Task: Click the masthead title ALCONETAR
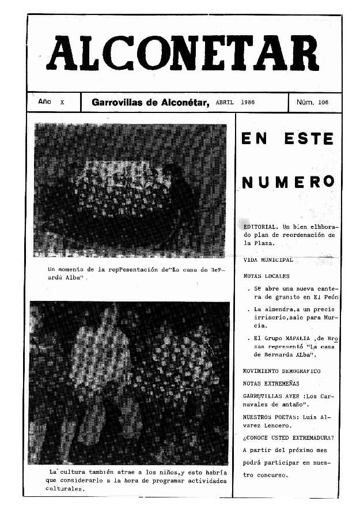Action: (184, 54)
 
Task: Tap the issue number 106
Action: (323, 103)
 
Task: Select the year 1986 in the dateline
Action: (248, 103)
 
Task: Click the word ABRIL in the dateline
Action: (224, 103)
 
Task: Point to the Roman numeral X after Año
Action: (62, 103)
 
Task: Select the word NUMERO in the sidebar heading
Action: (288, 183)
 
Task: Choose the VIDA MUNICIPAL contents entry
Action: (268, 260)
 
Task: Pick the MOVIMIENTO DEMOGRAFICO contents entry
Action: (282, 371)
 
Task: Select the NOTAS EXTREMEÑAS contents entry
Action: (271, 383)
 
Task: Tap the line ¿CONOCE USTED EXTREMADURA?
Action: (289, 437)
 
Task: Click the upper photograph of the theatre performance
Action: (130, 190)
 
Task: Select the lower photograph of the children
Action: (129, 383)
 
